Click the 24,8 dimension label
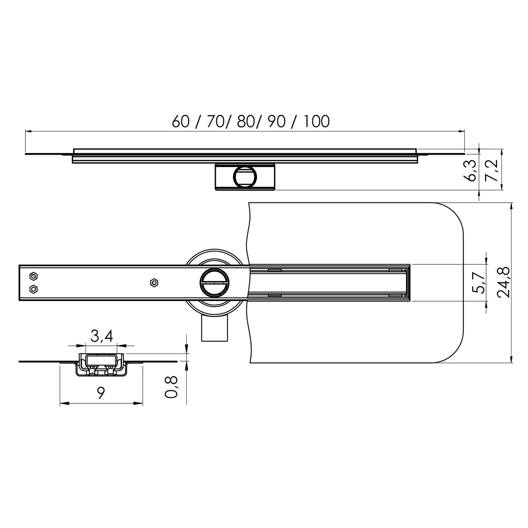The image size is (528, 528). pos(504,282)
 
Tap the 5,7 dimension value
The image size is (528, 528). pos(478,283)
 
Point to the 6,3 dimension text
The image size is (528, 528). pos(470,170)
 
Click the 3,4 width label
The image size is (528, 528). pos(102,336)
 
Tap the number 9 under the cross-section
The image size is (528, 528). pos(101,393)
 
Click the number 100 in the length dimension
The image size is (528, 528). pos(316,121)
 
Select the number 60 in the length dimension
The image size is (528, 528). pos(181,121)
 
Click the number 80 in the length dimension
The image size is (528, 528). pos(245,121)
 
